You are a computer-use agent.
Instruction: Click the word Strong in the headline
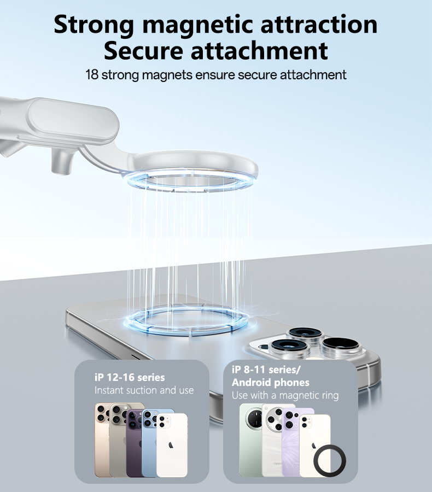(94, 25)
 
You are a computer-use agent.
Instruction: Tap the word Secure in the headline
(143, 51)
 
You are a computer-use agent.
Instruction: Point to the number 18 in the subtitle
(92, 75)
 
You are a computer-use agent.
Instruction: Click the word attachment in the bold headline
(259, 51)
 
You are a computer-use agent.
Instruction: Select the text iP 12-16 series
(130, 377)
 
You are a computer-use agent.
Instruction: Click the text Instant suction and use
(144, 390)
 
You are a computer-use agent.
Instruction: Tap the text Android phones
(270, 382)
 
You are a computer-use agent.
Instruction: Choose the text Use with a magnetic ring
(285, 395)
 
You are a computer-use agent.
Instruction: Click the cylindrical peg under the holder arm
(62, 162)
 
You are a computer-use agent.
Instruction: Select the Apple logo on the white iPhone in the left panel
(171, 444)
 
